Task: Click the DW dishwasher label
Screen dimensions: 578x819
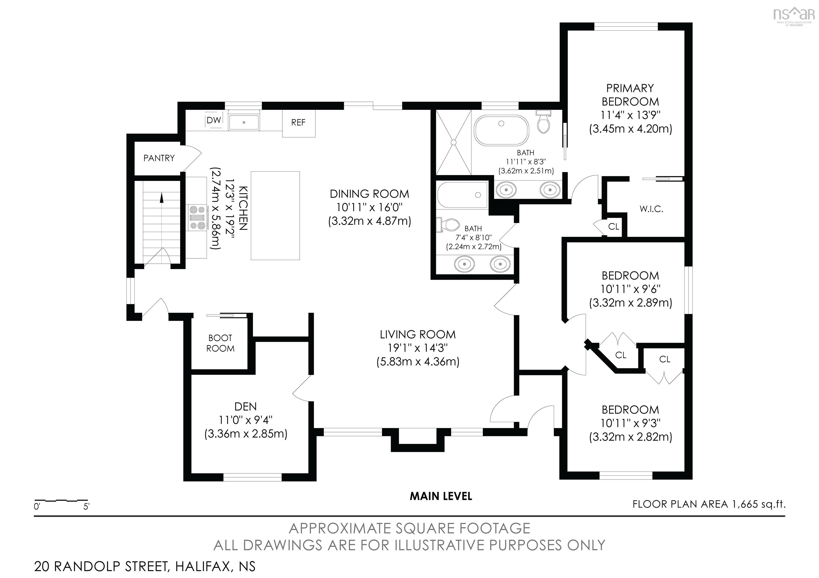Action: pyautogui.click(x=214, y=120)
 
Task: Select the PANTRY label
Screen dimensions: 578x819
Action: pyautogui.click(x=159, y=158)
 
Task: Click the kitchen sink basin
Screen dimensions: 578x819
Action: pyautogui.click(x=244, y=122)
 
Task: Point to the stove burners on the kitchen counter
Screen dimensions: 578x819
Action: pyautogui.click(x=197, y=218)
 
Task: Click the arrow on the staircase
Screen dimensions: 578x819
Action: pyautogui.click(x=162, y=197)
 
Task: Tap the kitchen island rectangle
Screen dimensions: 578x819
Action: pyautogui.click(x=275, y=215)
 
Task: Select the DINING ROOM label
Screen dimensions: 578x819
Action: pyautogui.click(x=369, y=194)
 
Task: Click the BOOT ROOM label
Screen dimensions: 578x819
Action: pyautogui.click(x=220, y=343)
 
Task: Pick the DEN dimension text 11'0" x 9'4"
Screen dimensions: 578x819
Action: pyautogui.click(x=246, y=420)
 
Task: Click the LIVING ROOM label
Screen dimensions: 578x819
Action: pyautogui.click(x=417, y=335)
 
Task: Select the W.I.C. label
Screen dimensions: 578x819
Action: pyautogui.click(x=651, y=209)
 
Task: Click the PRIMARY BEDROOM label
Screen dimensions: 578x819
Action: pyautogui.click(x=630, y=95)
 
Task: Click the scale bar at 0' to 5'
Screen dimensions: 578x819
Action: pyautogui.click(x=61, y=501)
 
